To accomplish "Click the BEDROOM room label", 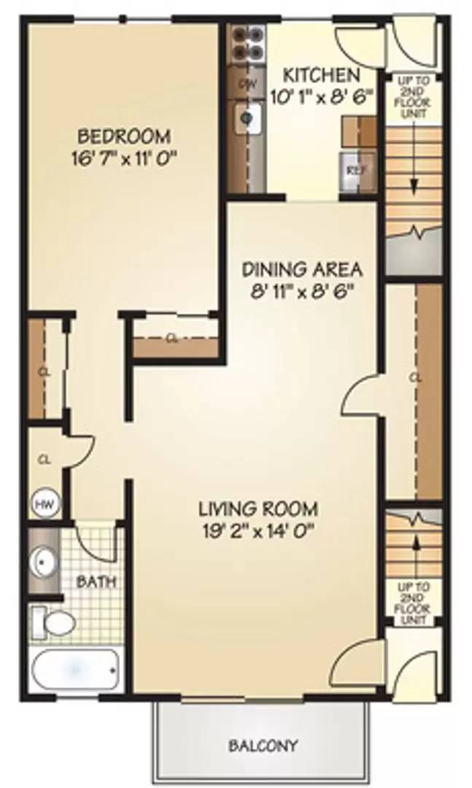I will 125,136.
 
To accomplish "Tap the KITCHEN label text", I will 321,75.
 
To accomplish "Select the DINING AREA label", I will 302,269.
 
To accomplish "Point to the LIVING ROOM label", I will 259,508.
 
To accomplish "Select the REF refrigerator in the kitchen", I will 355,171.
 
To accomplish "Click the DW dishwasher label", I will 247,84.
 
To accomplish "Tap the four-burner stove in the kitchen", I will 246,42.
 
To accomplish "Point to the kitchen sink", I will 248,117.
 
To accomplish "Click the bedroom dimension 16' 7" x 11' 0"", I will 125,158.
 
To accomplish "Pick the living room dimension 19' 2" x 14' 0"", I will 259,530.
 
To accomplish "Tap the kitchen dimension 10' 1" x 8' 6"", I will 321,95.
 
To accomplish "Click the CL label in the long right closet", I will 415,378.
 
